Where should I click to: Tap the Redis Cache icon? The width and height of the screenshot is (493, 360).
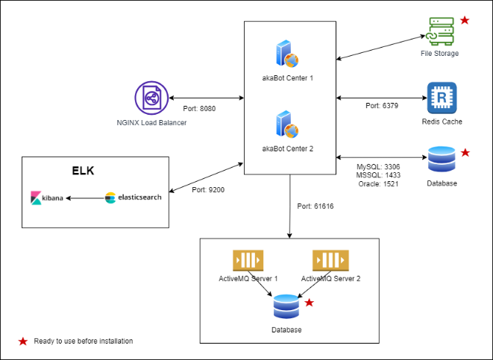tap(441, 98)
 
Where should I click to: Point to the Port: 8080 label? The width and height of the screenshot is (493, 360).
tap(199, 109)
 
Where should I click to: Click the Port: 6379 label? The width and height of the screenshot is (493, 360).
tap(382, 106)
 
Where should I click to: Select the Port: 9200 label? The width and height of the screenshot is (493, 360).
tap(208, 190)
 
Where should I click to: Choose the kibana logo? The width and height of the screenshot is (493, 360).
tap(46, 198)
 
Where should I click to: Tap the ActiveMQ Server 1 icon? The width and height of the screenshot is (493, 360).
tap(248, 260)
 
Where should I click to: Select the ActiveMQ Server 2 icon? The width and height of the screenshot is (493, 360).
tap(330, 260)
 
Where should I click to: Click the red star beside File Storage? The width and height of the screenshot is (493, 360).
tap(465, 20)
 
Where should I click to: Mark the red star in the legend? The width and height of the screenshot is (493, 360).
tap(23, 341)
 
